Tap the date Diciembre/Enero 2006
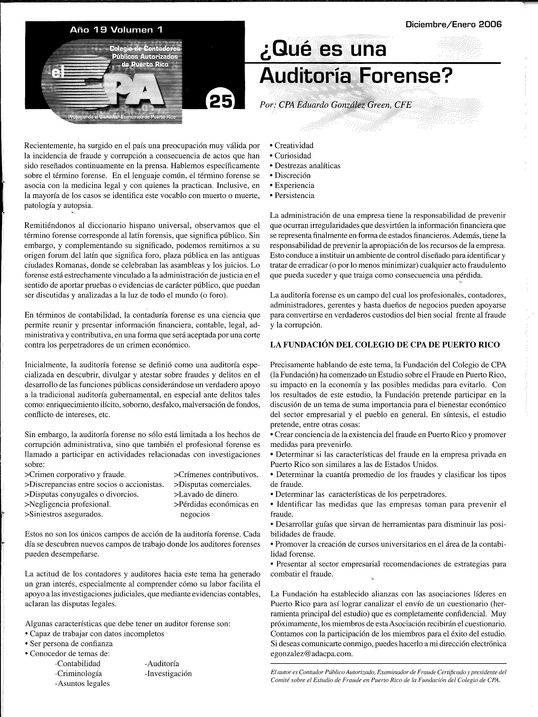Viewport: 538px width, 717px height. point(453,24)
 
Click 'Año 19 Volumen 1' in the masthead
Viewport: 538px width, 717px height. point(116,30)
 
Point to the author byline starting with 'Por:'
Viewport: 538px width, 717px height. point(336,105)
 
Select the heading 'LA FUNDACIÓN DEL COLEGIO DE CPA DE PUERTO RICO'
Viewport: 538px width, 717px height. point(385,344)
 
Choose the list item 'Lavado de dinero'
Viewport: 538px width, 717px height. point(207,494)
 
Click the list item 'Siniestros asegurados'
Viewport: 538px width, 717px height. point(64,514)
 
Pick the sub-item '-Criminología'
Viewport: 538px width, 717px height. point(78,674)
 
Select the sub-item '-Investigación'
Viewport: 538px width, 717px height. point(168,674)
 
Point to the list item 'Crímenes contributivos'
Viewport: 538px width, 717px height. point(216,474)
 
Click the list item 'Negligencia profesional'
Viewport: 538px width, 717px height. point(68,504)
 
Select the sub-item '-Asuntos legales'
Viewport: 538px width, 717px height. point(82,684)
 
